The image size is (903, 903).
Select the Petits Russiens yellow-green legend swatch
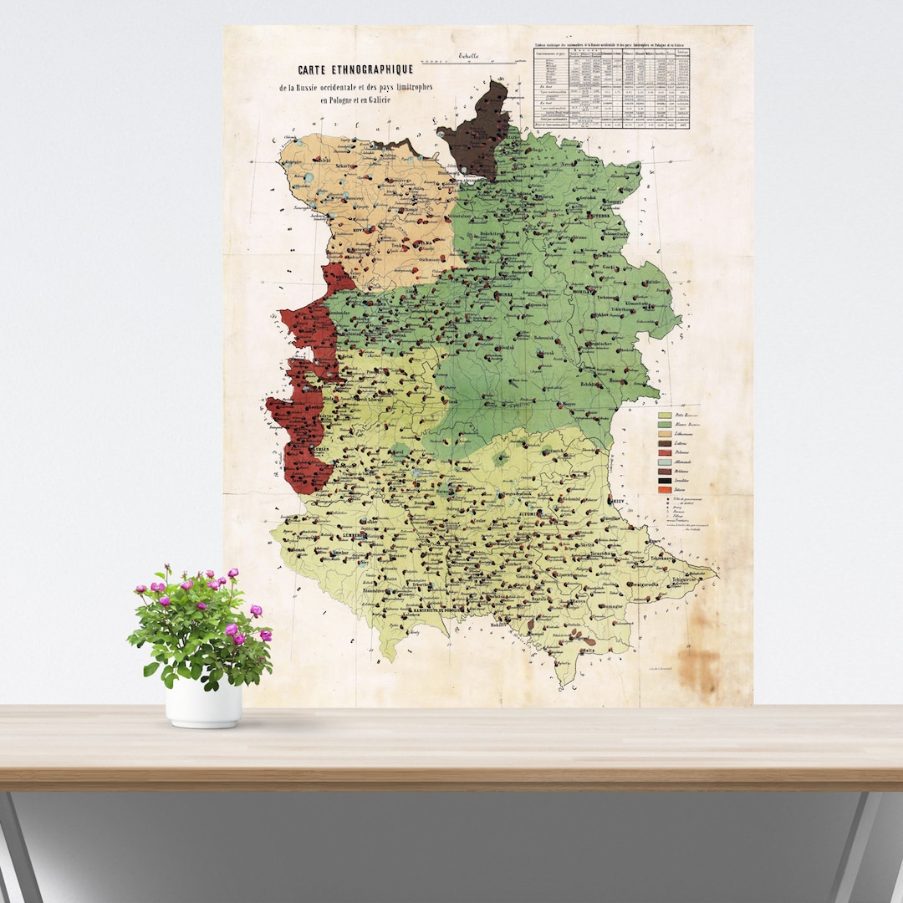666,415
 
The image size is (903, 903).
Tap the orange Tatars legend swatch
666,490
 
